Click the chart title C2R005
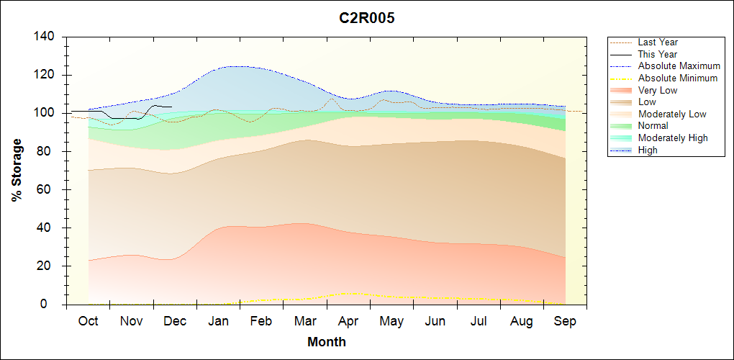(x=367, y=19)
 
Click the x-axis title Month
(x=327, y=342)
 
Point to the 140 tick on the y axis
(x=45, y=37)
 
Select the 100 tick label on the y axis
(x=45, y=113)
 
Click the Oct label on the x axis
(x=88, y=322)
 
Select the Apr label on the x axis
(x=348, y=322)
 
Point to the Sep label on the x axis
(x=565, y=322)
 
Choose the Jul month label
(x=479, y=322)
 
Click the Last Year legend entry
(x=658, y=42)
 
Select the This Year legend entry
(x=657, y=54)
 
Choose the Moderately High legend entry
(x=673, y=138)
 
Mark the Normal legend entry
(x=653, y=126)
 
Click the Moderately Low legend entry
(x=672, y=114)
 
